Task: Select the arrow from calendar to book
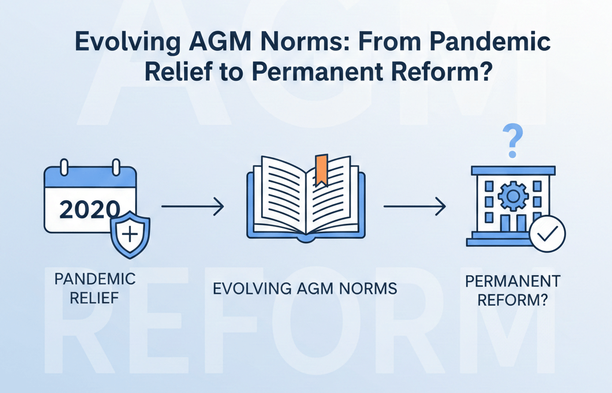click(192, 208)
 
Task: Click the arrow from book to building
click(414, 208)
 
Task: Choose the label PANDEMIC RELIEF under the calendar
click(94, 288)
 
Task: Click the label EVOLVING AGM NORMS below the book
click(305, 288)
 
